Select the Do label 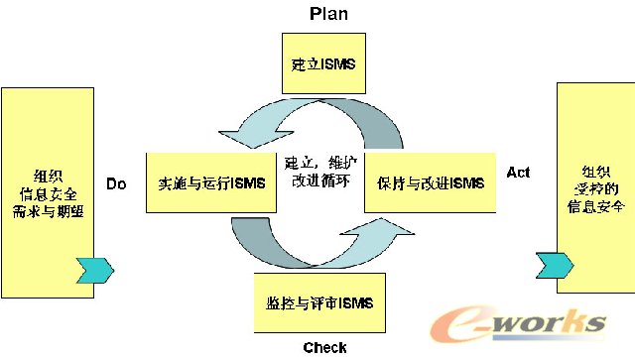coord(117,183)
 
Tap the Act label coord(518,173)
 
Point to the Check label coord(324,347)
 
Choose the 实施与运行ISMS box coord(209,183)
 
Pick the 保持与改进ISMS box coord(430,183)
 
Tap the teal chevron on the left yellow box coord(95,269)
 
